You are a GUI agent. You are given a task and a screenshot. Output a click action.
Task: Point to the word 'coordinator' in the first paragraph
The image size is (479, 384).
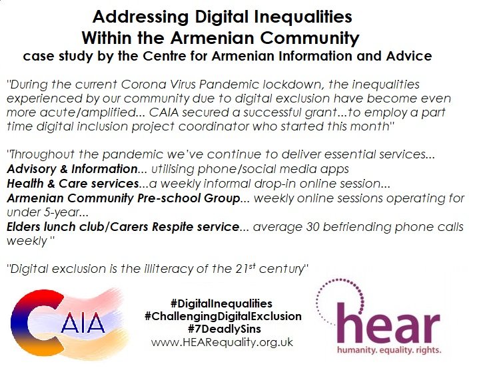[x=214, y=126]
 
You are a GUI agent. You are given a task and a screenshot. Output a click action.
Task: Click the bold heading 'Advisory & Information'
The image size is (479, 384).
[x=72, y=169]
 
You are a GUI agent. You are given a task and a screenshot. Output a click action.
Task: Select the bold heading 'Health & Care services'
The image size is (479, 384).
[x=73, y=184]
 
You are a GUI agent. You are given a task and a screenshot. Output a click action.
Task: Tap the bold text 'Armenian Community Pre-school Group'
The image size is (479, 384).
[x=123, y=198]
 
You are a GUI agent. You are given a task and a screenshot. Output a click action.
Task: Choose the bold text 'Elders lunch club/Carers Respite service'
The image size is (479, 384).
[x=123, y=227]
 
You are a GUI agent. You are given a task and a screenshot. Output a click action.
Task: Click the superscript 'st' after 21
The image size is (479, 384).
[x=252, y=266]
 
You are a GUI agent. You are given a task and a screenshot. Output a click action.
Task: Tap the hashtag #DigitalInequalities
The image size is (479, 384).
[x=221, y=303]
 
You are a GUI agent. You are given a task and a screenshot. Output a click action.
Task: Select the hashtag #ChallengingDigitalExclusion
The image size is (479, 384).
[x=223, y=316]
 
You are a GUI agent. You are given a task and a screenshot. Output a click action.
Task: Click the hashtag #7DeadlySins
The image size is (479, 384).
[x=225, y=329]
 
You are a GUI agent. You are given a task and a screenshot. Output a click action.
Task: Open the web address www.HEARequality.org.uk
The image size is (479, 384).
[x=222, y=342]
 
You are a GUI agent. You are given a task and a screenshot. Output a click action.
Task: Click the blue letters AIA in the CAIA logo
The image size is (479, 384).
[x=83, y=322]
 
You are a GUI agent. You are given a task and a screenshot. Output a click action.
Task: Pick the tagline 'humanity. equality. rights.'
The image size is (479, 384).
[x=389, y=350]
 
